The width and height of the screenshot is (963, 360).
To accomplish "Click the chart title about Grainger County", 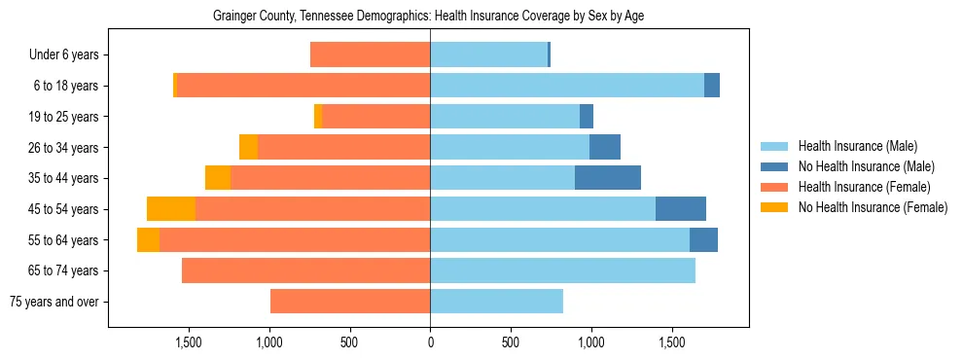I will click(x=428, y=16).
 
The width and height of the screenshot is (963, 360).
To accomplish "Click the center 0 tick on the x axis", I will click(x=430, y=342).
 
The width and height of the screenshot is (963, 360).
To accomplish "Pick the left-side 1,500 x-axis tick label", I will click(x=188, y=342).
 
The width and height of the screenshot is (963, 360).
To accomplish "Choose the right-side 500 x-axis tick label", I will click(x=511, y=342).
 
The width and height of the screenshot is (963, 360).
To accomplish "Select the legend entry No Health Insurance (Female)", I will click(x=873, y=207).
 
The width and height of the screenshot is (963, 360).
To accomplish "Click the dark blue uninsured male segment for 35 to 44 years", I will click(x=608, y=178).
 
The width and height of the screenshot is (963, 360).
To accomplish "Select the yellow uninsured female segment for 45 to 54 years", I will click(x=171, y=209).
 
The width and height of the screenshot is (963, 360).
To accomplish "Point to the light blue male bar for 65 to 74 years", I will click(x=562, y=270).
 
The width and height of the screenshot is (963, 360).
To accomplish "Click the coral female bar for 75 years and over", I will click(x=350, y=302).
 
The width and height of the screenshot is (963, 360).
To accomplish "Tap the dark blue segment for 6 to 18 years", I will click(x=712, y=86).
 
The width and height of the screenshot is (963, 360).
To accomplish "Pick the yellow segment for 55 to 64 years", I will click(x=148, y=240).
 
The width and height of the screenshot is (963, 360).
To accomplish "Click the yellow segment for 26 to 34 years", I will click(x=248, y=148).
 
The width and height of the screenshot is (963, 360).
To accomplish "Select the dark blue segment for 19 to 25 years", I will click(x=587, y=117).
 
